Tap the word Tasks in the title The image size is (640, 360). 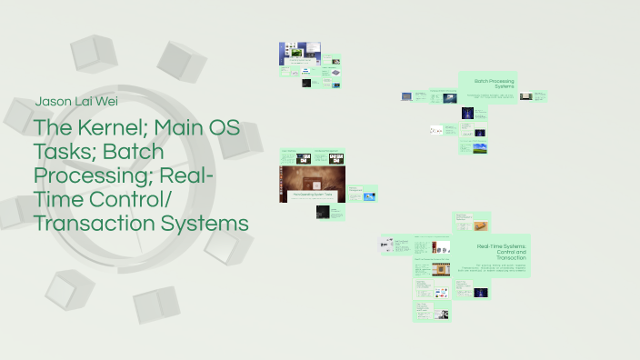66,152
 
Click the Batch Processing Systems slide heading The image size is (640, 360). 488,85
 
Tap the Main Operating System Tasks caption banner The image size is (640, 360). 315,194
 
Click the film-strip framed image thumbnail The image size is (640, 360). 441,270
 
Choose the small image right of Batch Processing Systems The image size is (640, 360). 539,95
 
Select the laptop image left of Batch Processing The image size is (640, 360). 420,95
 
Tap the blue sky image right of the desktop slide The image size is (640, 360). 370,195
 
